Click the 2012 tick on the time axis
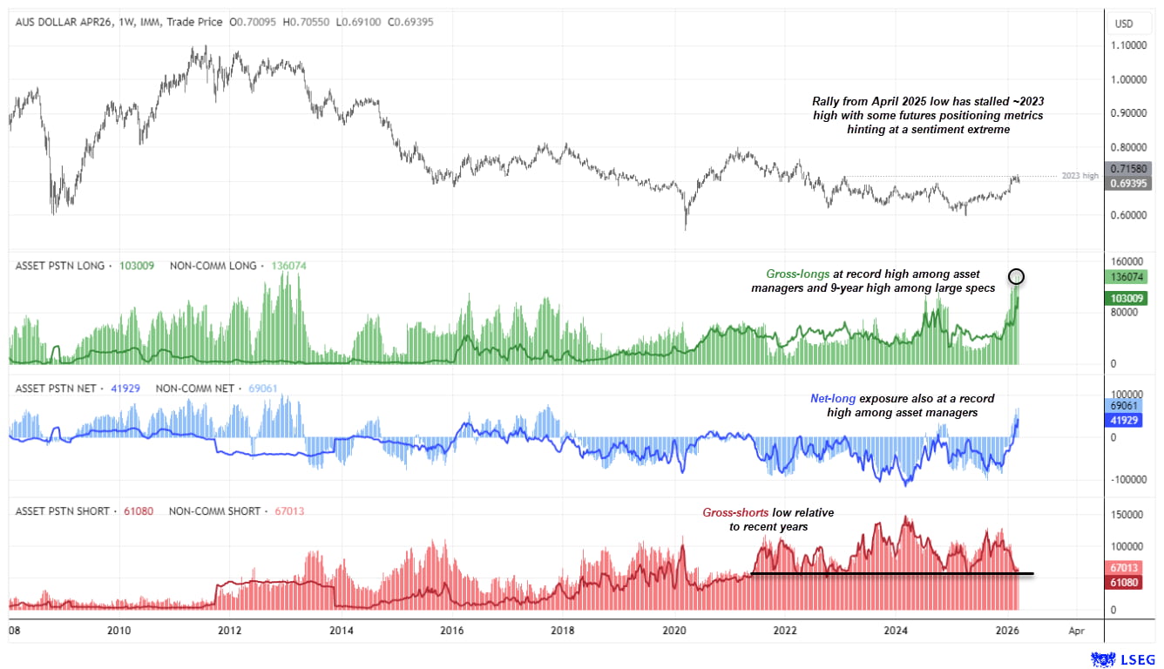[x=229, y=630]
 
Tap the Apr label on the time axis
[x=1076, y=630]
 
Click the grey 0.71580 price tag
[x=1129, y=168]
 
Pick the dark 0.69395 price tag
[x=1129, y=183]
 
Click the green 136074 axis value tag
[x=1129, y=277]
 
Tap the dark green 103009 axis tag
[x=1129, y=299]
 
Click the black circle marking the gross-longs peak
[x=1016, y=277]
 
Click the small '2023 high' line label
[x=1080, y=176]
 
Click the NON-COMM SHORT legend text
[x=214, y=511]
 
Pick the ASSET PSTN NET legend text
[x=56, y=389]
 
